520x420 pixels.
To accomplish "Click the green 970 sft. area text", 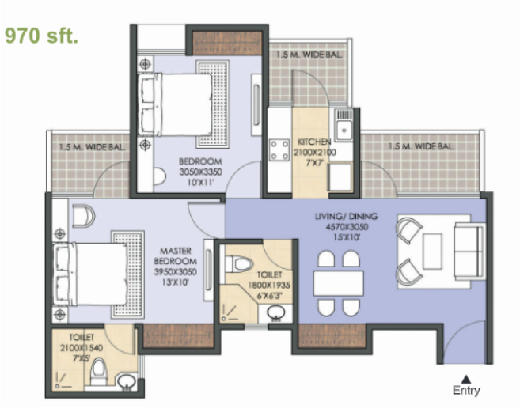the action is (x=41, y=36).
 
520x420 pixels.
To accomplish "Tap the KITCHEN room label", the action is (x=314, y=142).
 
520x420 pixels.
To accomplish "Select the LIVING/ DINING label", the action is (x=346, y=217).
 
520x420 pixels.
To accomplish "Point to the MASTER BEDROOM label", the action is (x=176, y=256).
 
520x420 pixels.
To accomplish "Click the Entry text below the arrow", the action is (x=466, y=391).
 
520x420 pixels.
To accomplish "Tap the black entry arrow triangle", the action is (x=466, y=379).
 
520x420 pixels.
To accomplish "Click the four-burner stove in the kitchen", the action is (x=279, y=149).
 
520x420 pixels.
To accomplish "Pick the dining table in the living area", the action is (x=339, y=282).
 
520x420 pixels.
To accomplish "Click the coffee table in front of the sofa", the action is (x=432, y=251).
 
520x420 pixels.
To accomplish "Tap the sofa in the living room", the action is (x=469, y=251).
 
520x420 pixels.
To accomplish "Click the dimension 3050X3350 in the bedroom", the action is (x=200, y=172).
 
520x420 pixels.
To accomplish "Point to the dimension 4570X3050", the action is (x=347, y=227).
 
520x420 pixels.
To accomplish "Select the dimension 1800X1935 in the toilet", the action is (x=269, y=285).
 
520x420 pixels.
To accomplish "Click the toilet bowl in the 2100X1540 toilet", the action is (x=98, y=372).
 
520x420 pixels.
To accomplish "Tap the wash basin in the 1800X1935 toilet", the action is (x=275, y=312).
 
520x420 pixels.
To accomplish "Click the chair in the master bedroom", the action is (x=83, y=216).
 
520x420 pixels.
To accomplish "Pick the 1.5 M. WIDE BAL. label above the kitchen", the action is (x=309, y=55).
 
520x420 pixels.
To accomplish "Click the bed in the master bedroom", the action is (x=89, y=274).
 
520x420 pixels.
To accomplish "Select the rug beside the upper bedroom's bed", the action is (x=213, y=104).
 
